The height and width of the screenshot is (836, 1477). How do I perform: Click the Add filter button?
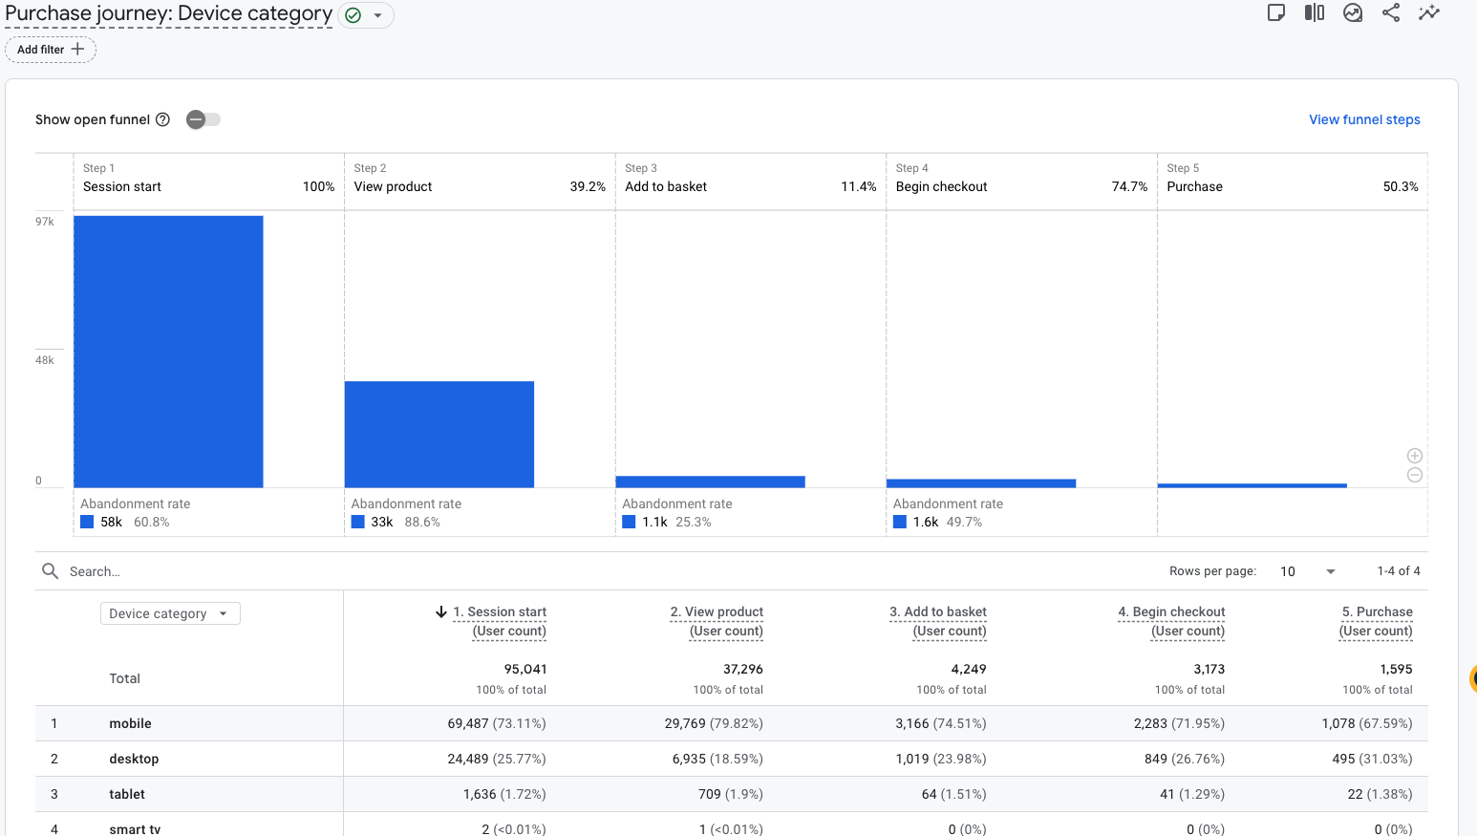(50, 50)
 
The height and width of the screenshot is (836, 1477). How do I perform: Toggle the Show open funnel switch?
(203, 119)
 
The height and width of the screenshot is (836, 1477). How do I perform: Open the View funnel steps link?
(1364, 119)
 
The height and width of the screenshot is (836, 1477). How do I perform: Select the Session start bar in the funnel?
(168, 352)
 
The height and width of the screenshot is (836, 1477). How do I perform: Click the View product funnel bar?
(439, 435)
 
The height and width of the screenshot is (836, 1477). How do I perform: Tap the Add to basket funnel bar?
(710, 482)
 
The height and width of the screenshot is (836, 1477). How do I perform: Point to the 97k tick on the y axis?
(45, 222)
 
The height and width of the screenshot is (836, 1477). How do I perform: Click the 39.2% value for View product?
(588, 186)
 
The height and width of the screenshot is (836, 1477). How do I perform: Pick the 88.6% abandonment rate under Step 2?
(422, 523)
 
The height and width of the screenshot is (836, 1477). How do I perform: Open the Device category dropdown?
(170, 613)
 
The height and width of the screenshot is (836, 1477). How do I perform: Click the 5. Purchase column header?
(1377, 621)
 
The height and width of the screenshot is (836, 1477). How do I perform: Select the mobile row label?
(131, 723)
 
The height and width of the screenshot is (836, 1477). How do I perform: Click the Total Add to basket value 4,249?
(969, 669)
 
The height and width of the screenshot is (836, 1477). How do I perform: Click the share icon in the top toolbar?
(1391, 13)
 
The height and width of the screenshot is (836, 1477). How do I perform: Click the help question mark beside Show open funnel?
(162, 119)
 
